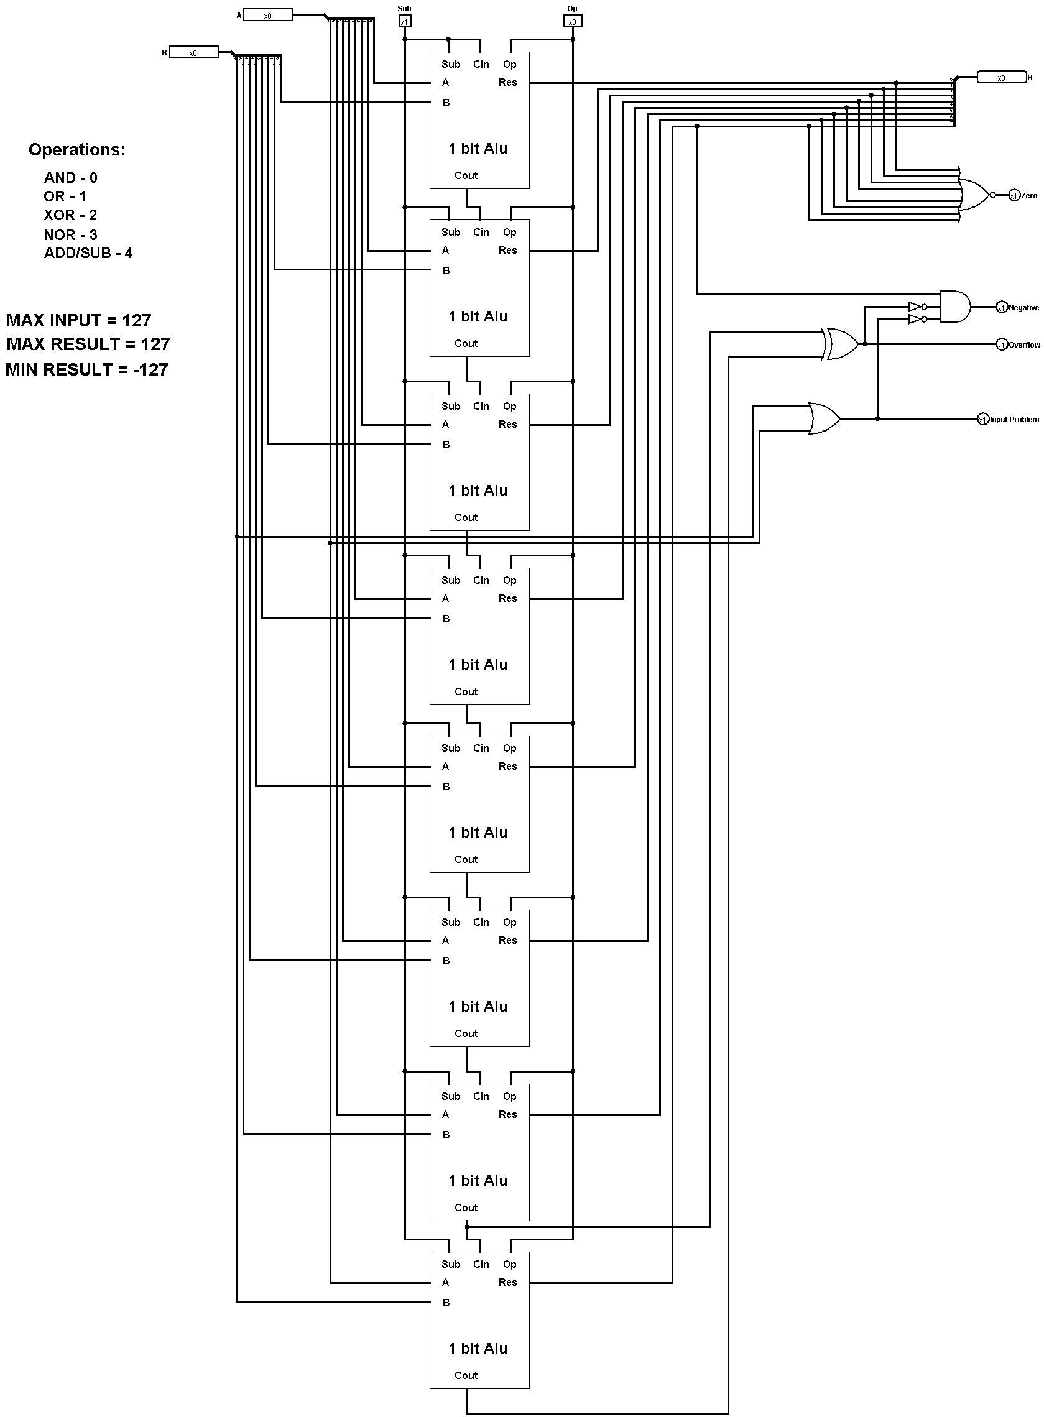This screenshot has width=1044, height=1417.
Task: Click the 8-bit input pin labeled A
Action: click(267, 15)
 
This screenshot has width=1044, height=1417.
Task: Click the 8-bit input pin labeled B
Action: click(193, 53)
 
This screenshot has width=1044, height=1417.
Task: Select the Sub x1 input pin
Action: click(404, 22)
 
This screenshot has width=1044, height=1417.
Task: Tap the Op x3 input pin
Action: click(572, 22)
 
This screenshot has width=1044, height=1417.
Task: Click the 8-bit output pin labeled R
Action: click(1001, 78)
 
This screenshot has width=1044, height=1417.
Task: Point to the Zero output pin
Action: click(1014, 196)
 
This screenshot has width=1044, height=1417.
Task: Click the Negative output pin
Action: click(1001, 308)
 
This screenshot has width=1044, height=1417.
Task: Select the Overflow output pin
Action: click(1001, 345)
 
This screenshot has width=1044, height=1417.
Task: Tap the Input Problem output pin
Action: click(982, 420)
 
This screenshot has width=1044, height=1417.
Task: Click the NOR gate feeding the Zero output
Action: click(973, 195)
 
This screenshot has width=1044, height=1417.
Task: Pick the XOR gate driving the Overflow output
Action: click(842, 344)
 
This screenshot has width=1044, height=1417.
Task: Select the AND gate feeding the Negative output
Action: click(954, 307)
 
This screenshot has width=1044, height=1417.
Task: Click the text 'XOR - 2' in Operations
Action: click(70, 215)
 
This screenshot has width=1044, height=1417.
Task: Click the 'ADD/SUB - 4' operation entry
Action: click(88, 253)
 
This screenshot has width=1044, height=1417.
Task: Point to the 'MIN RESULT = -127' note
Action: click(87, 369)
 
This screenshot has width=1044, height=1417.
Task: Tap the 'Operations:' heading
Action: click(76, 150)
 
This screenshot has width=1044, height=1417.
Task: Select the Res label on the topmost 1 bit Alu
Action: click(507, 83)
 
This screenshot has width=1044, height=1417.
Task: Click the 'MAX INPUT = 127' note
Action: click(79, 320)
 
